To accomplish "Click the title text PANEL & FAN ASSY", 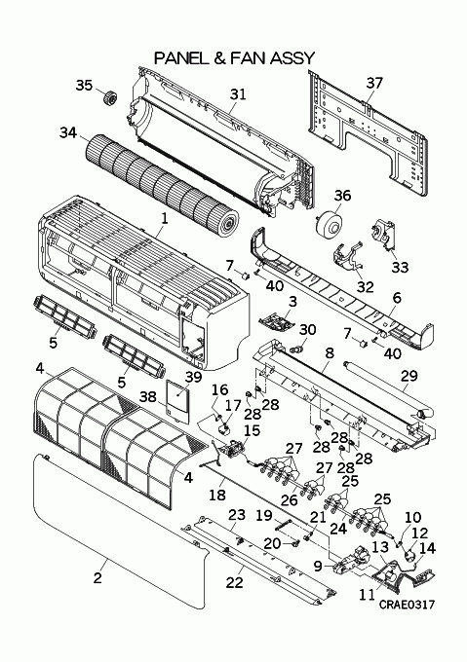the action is (x=234, y=57).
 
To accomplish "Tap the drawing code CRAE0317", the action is (x=407, y=605).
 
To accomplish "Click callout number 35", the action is (x=84, y=86).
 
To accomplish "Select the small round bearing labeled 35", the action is (x=110, y=98).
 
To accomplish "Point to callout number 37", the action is (x=374, y=83).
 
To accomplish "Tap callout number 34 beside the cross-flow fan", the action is (x=68, y=132).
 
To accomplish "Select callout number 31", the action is (x=238, y=94).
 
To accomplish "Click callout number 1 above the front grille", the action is (x=165, y=218).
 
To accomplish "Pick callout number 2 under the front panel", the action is (x=97, y=577).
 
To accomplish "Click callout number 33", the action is (x=400, y=267).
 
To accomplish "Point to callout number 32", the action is (x=366, y=286).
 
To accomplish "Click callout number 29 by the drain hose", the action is (x=409, y=376).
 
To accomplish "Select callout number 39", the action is (x=194, y=377).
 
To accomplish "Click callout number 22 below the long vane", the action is (x=235, y=582).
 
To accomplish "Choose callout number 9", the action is (x=318, y=566).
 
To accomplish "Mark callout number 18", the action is (x=217, y=495).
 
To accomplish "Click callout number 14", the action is (x=427, y=548).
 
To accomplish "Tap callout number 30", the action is (x=307, y=330).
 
